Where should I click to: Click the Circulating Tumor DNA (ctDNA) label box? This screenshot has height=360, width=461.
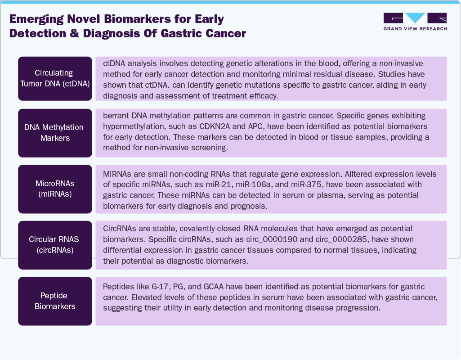[55, 78]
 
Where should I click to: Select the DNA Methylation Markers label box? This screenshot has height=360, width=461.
[55, 133]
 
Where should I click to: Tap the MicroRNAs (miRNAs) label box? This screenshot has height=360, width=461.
[55, 189]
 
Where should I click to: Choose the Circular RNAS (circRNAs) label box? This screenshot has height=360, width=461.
[55, 245]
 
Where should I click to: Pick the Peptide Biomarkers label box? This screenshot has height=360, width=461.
[55, 301]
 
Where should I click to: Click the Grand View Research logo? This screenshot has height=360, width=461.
[415, 22]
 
